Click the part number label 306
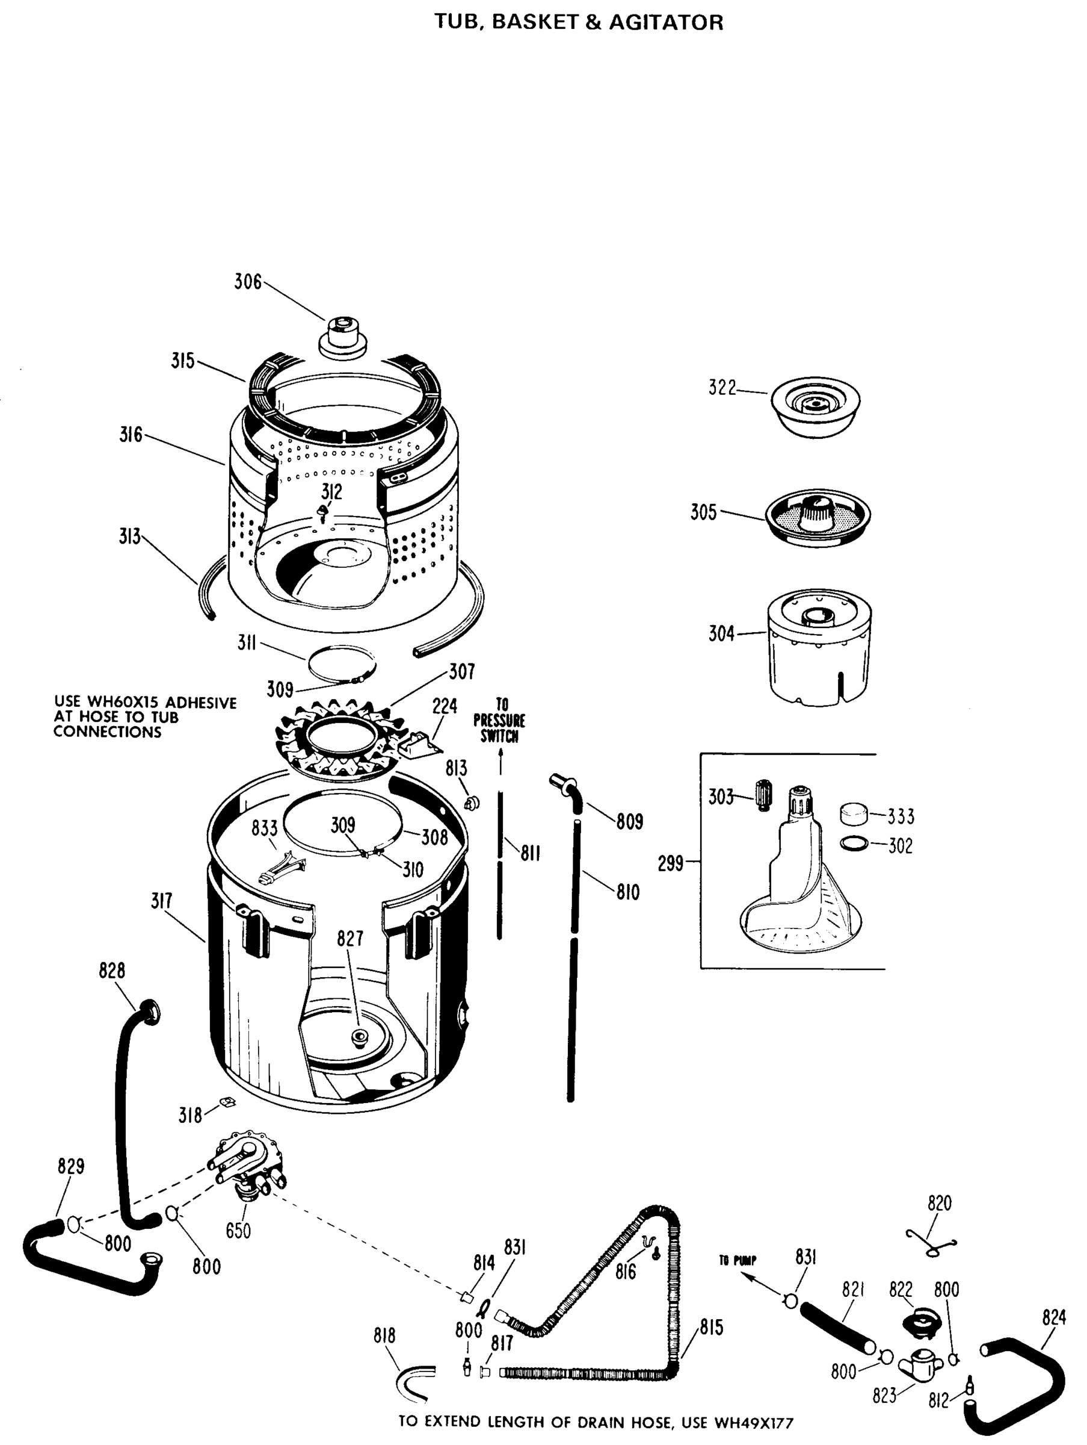click(x=247, y=282)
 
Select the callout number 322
click(x=722, y=388)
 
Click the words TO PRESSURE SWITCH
click(x=499, y=721)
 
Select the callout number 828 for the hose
click(x=112, y=971)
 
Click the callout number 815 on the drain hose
click(x=712, y=1328)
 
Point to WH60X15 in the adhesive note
click(x=123, y=703)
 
